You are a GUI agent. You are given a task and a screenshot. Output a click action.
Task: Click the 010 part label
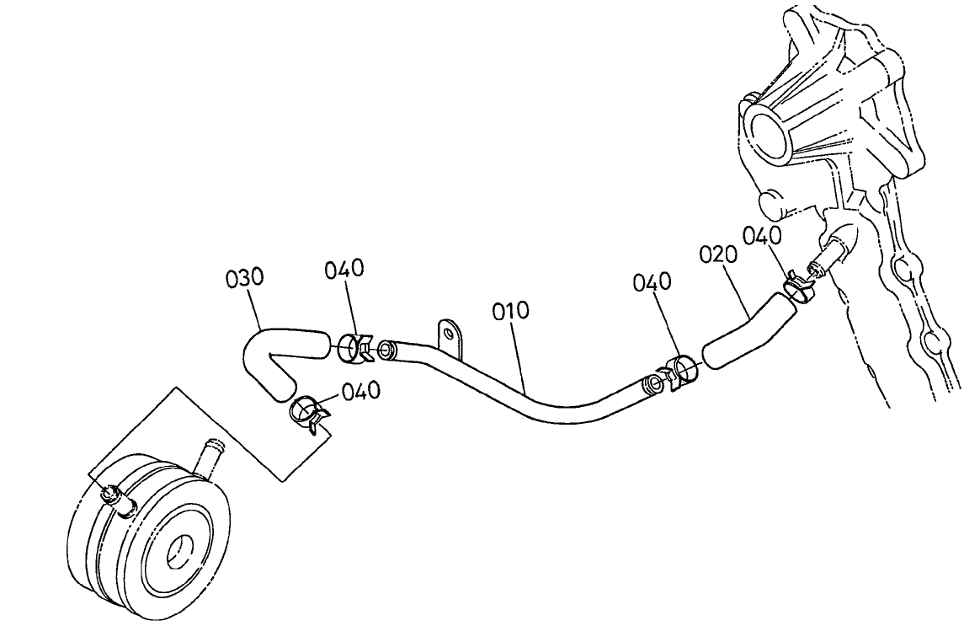510,312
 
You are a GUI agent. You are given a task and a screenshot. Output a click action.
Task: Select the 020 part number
718,255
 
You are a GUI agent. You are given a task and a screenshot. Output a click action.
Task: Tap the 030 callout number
245,278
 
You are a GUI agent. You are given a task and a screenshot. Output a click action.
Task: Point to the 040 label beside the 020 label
763,237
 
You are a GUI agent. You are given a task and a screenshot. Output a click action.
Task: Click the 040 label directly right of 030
344,270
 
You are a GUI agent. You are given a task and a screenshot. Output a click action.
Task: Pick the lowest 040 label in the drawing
361,391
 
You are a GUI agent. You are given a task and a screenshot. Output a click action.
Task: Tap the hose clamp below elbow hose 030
309,415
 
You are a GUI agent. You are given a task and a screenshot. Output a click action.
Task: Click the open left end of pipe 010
387,350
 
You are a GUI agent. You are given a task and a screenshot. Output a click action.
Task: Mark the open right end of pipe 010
652,384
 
